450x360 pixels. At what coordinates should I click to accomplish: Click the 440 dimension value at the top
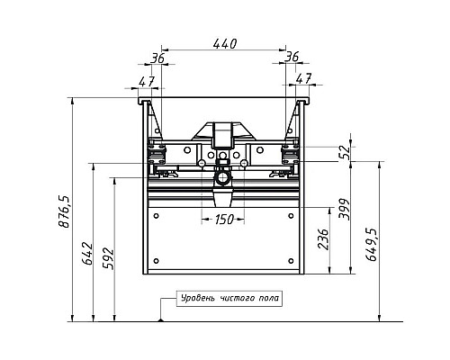pos(225,44)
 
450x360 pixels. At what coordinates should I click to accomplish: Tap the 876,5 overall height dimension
pos(64,211)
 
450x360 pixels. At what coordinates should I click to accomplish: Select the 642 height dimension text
pos(88,253)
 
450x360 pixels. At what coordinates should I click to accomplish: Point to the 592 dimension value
pos(108,258)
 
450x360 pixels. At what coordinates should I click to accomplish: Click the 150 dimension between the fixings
pos(223,220)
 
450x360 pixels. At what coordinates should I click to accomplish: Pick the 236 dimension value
pos(323,239)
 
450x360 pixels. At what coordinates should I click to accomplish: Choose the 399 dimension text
pos(344,209)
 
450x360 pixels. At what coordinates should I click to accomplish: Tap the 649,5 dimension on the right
pos(371,245)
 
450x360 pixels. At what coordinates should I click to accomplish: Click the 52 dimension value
pos(345,152)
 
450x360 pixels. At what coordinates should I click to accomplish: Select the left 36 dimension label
pos(157,58)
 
